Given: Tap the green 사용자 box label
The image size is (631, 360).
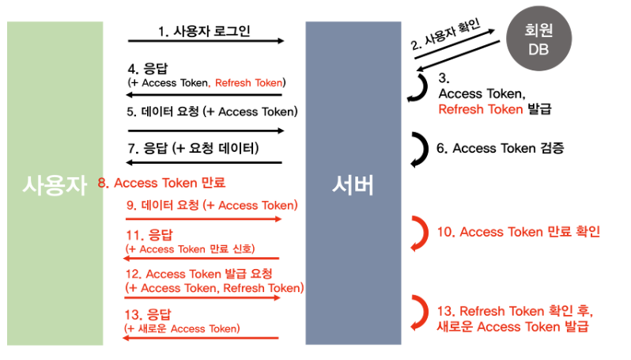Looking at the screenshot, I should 55,186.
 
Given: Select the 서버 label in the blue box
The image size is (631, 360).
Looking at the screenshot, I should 353,186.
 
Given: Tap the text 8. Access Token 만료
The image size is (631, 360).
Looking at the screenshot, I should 161,183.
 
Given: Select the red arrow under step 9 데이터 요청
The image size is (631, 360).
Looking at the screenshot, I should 203,219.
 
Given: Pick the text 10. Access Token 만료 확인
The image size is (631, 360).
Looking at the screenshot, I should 519,232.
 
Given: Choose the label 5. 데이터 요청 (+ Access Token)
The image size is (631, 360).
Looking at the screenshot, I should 212,112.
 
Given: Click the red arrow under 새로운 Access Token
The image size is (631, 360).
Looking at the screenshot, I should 202,338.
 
